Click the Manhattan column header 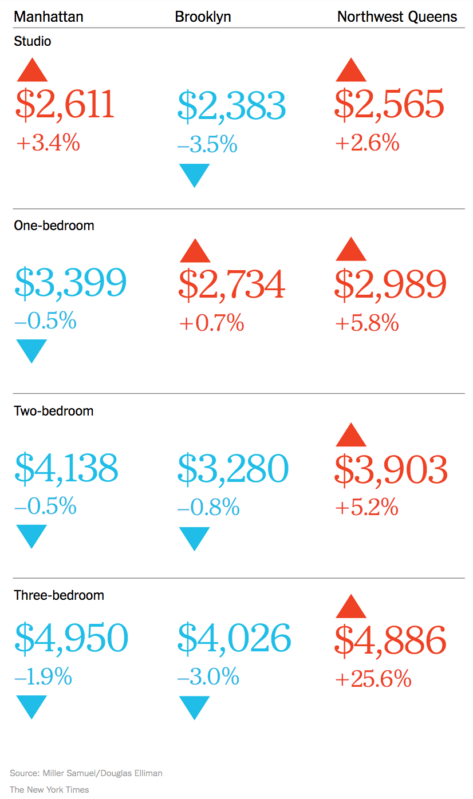coord(49,17)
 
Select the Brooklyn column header coord(203,17)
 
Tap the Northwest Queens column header coord(397,17)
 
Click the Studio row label coord(33,41)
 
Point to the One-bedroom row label coord(54,226)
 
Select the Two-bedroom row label coord(53,411)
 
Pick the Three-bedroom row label coord(59,595)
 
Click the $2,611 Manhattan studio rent coord(65,105)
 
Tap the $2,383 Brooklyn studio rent coord(231,106)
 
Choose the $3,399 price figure coord(71,283)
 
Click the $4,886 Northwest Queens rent coord(390,640)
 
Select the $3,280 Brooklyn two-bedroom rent coord(233,469)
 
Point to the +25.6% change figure coord(373,679)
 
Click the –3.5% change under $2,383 coord(207,145)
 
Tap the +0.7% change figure coord(212,324)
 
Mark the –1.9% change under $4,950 coord(44,678)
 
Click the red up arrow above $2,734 coord(195,251)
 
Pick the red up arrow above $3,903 coord(351,435)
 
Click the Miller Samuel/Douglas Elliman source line coord(86,773)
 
